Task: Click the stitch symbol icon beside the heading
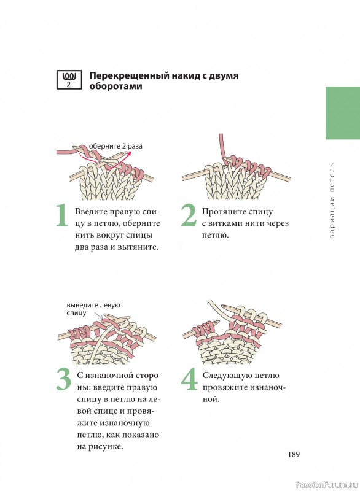tap(69, 80)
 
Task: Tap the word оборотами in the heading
tap(115, 86)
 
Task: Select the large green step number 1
tap(62, 215)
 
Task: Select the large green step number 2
tap(189, 215)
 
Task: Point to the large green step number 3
tap(64, 379)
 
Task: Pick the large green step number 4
tap(190, 379)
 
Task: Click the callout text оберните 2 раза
tap(115, 146)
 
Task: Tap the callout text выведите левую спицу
tap(93, 309)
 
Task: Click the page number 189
tap(294, 454)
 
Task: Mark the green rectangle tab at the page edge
tap(343, 113)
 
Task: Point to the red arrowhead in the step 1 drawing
tap(129, 153)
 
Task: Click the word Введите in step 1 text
tap(90, 211)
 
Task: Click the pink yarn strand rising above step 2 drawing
tap(222, 147)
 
